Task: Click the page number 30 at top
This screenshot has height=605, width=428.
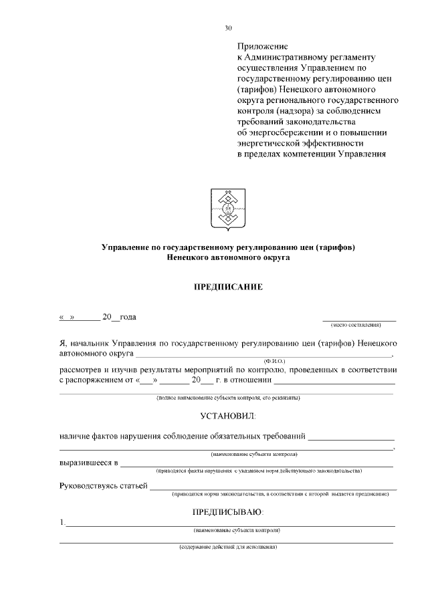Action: click(228, 28)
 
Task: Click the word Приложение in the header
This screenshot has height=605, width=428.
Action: click(262, 47)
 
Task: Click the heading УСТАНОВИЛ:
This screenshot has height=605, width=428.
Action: click(228, 416)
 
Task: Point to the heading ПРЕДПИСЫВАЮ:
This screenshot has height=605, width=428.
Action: click(228, 512)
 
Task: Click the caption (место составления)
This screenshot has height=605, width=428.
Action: click(356, 325)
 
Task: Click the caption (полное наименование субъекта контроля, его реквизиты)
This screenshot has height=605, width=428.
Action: click(227, 398)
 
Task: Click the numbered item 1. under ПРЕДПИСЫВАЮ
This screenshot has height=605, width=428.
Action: click(62, 522)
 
